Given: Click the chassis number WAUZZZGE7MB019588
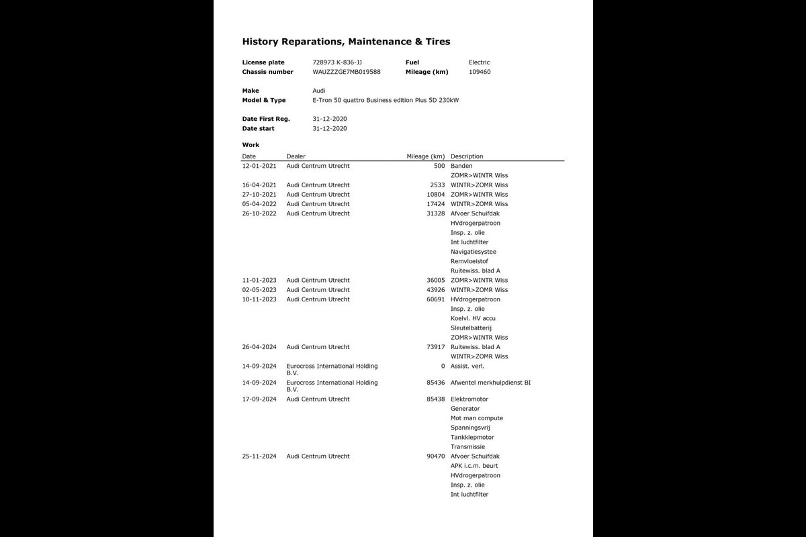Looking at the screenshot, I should (347, 72).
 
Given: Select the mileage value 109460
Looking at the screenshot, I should (480, 72).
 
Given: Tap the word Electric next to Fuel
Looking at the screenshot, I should (479, 62).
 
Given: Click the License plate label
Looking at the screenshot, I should (263, 62).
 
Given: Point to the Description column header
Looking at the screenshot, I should (467, 156).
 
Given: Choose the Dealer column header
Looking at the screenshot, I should (296, 156).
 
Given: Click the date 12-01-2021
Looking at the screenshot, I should (259, 166).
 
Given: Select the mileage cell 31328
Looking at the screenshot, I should (435, 213).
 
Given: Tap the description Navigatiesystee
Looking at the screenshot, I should (474, 252).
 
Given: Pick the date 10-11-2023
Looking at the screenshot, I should (259, 299).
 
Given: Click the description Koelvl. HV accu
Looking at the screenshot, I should (473, 318).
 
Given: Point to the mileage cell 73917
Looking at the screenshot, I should (435, 347).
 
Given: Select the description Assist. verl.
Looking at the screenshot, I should (467, 366).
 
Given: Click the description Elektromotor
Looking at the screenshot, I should (469, 399).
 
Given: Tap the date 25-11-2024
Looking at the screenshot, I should (259, 456).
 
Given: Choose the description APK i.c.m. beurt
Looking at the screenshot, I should (474, 466).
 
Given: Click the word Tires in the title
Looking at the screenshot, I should (437, 42).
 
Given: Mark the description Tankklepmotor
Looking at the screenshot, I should (472, 437).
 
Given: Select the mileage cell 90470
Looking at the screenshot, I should (435, 456).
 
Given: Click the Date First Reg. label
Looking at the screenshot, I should (266, 119).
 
